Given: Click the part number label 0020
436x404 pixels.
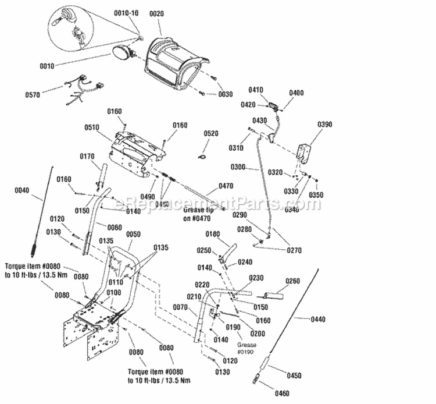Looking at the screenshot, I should click(157, 13).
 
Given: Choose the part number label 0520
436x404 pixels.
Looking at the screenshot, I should click(212, 133).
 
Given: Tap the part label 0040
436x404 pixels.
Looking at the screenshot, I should click(22, 190).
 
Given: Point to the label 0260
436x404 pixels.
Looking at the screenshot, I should click(294, 281).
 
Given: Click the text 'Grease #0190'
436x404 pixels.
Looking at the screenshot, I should click(246, 348).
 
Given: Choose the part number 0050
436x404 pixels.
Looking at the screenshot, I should click(133, 233).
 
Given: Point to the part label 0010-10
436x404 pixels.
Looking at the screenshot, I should click(126, 13).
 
